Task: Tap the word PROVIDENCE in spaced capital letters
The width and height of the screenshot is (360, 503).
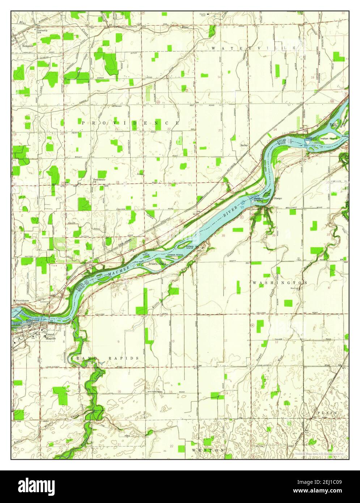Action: click(130, 123)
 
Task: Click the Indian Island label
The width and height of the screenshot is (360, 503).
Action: click(329, 138)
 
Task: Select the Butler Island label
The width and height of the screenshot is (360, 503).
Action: click(333, 125)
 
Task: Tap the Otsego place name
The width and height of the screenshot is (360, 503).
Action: click(278, 198)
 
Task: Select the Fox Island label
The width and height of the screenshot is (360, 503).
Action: click(146, 254)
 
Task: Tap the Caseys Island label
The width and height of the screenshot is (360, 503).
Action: click(175, 255)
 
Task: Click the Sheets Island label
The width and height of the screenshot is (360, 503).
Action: click(157, 264)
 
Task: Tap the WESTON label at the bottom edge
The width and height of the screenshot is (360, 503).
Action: click(208, 450)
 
